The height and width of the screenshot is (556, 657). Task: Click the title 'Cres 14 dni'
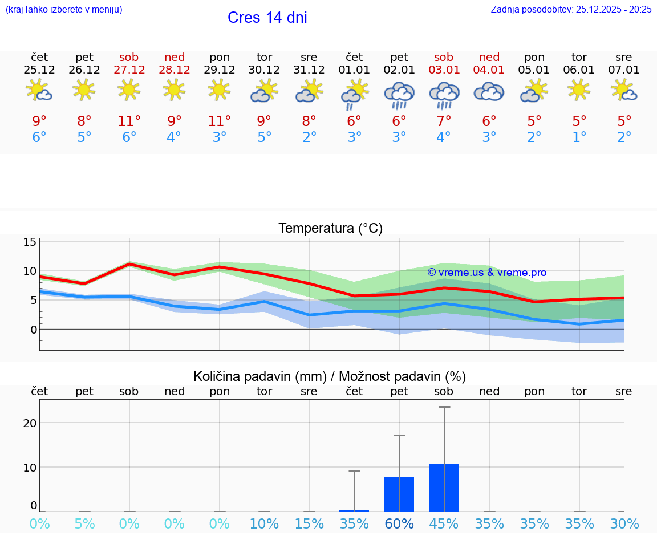point(267,18)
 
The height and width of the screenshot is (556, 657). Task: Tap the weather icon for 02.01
point(399,94)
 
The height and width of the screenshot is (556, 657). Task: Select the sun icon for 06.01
point(579,90)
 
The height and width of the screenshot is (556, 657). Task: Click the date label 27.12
point(129,70)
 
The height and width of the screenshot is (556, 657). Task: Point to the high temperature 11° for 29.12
point(220,121)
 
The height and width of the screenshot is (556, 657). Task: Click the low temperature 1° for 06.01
point(579,137)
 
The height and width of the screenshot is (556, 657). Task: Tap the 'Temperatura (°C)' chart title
point(330,228)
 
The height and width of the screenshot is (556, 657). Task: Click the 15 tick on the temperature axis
point(30,242)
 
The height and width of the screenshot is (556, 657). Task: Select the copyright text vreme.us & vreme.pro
point(486,273)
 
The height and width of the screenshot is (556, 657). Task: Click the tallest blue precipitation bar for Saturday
point(444,488)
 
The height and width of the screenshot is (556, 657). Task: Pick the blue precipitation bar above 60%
point(399,494)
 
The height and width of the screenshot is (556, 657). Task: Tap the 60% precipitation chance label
point(399,523)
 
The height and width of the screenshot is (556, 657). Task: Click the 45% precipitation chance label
point(444,523)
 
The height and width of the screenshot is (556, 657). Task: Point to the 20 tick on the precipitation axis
point(30,423)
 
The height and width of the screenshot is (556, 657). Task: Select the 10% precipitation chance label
point(264,523)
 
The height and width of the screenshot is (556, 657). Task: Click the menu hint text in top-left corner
point(64,9)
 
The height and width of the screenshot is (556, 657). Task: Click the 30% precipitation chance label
point(624,523)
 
